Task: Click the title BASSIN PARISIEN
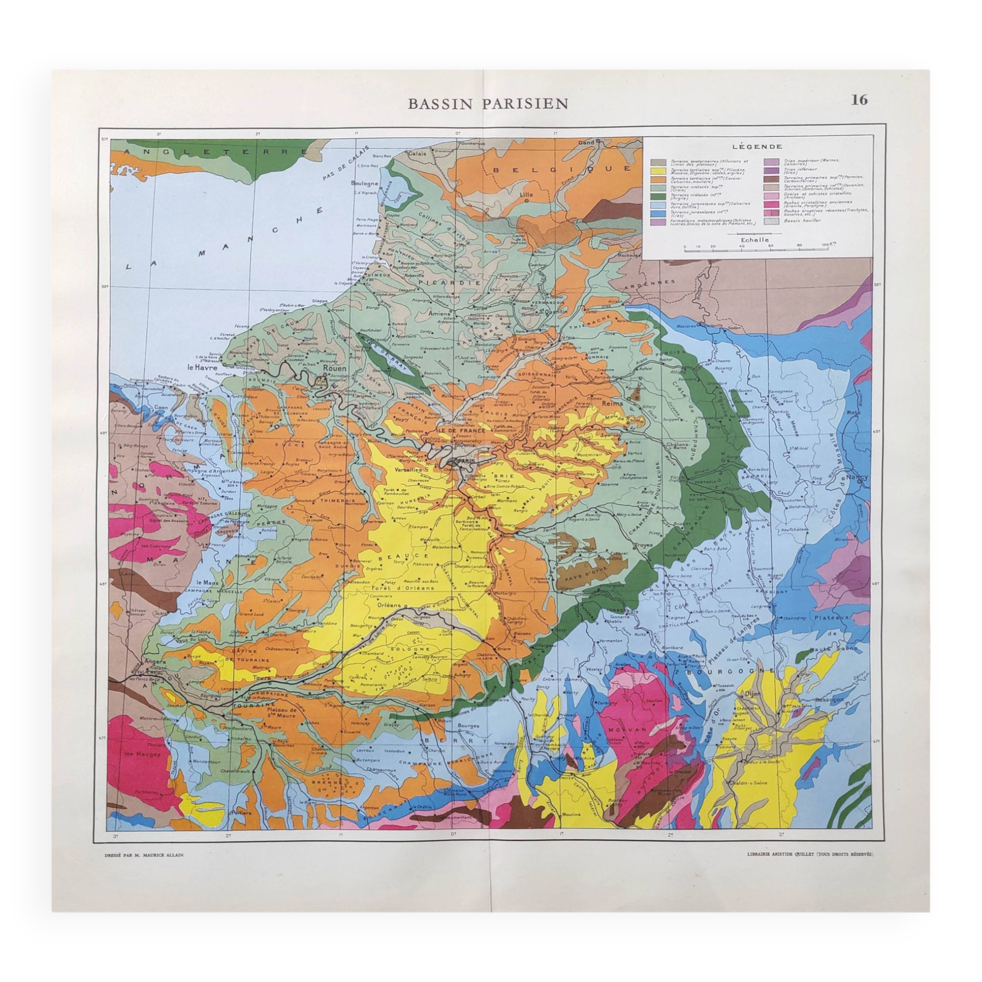[488, 104]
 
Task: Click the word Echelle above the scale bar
[754, 240]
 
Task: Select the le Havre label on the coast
[202, 367]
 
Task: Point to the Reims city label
[612, 403]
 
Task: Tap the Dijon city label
[752, 693]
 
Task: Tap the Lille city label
[525, 193]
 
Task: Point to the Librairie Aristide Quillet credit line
[810, 855]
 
